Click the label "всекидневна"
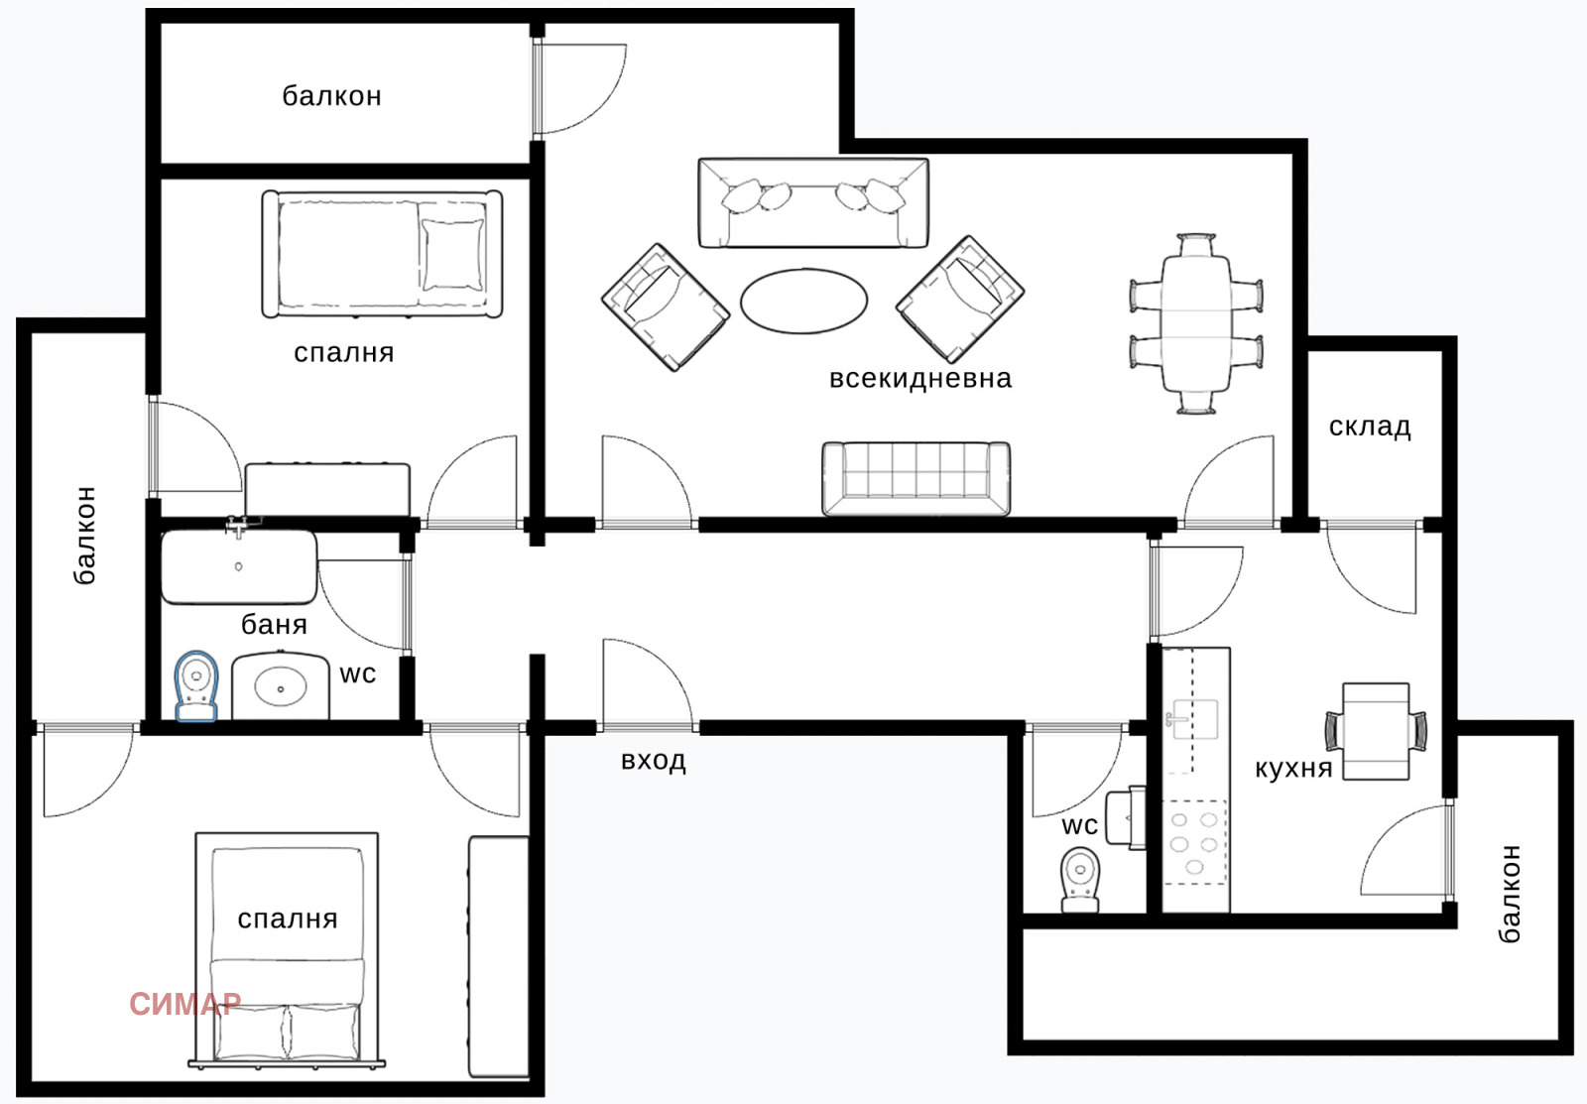pos(919,379)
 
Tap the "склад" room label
pos(1369,427)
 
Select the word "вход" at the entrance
pos(653,761)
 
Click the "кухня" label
pos(1292,769)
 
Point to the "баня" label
pos(274,625)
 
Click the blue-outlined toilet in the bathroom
pos(195,685)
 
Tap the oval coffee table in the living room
pos(803,301)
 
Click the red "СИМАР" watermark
pos(184,1004)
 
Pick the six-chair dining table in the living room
pos(1196,323)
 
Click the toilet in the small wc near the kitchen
pos(1080,879)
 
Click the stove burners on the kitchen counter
pos(1194,843)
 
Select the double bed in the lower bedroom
pos(287,952)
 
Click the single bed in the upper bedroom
pos(382,255)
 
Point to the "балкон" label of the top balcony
pos(331,96)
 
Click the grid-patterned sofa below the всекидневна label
pos(916,479)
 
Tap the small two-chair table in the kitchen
pos(1376,731)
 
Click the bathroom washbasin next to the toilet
pos(280,685)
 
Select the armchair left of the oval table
pos(665,307)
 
